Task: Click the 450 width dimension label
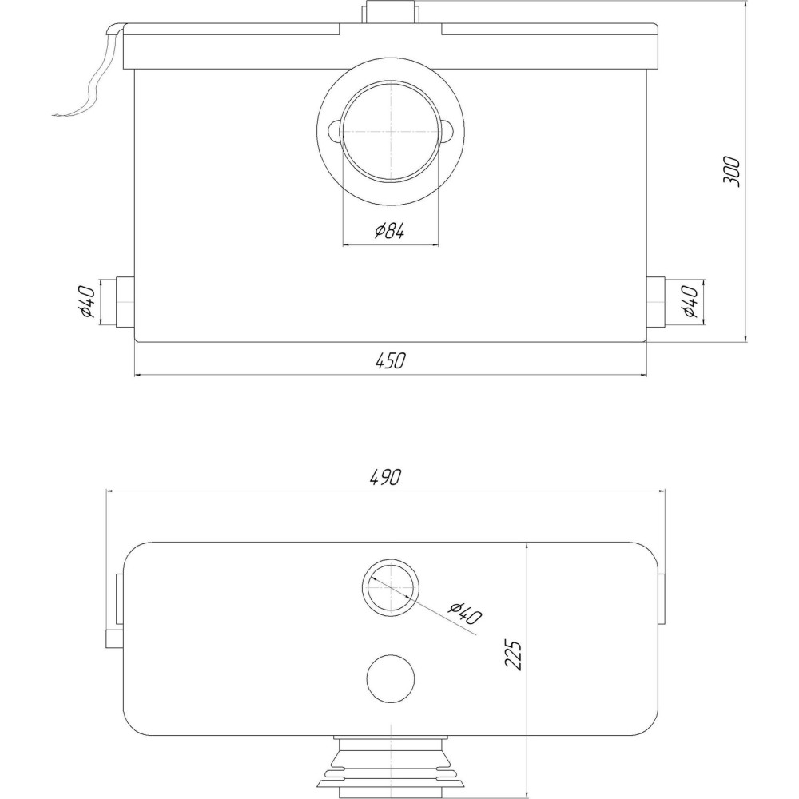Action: coord(391,361)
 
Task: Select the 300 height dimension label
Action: coord(731,172)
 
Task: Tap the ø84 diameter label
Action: coord(390,232)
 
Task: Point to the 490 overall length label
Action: coord(386,477)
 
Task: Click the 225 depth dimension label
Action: coord(513,655)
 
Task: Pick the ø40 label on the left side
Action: coord(87,302)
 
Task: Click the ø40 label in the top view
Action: coord(465,613)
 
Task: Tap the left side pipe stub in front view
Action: coord(125,302)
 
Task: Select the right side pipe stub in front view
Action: coord(656,302)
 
